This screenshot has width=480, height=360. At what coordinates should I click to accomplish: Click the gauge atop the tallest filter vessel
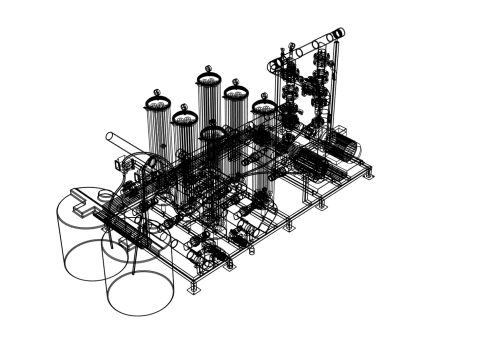(x=208, y=69)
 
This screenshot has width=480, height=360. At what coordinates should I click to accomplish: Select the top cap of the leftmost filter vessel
(x=158, y=103)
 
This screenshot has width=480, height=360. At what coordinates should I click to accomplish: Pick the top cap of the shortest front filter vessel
(x=212, y=132)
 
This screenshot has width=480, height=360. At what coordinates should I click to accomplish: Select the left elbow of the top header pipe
(x=273, y=64)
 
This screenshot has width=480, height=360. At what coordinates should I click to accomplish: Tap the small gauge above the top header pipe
(x=291, y=45)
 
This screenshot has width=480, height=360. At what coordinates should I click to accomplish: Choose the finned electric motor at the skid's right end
(x=346, y=147)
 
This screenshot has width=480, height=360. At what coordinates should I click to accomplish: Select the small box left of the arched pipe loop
(x=124, y=160)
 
